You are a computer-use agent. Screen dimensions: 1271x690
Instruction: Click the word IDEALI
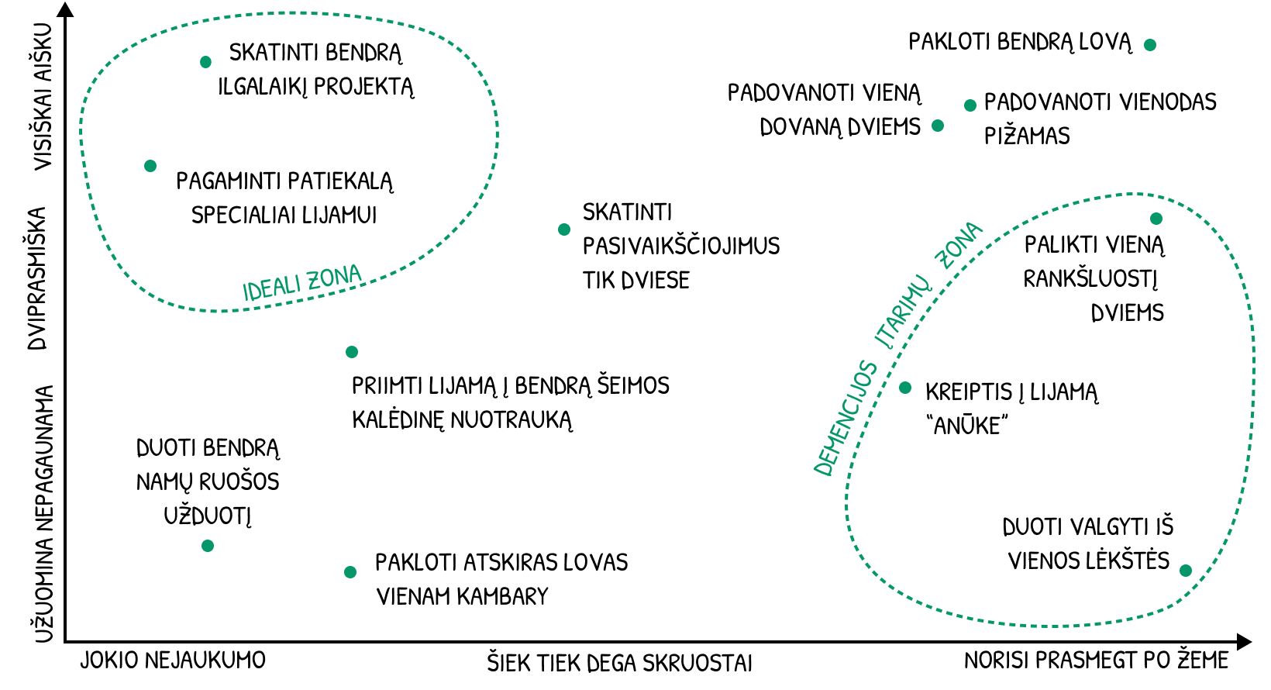(271, 287)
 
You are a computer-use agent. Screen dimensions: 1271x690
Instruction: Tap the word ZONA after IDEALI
(335, 278)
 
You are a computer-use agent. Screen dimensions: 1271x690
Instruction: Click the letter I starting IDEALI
(246, 292)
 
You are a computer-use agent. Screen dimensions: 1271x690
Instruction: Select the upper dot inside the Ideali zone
(205, 62)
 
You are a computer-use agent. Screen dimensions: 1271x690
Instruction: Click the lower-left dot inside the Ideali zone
(150, 166)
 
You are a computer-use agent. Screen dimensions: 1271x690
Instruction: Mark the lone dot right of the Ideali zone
(564, 229)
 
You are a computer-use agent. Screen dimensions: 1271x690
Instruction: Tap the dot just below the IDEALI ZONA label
(352, 352)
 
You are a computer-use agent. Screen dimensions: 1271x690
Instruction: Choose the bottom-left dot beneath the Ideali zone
(208, 546)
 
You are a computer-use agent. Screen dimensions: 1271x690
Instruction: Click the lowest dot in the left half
(350, 572)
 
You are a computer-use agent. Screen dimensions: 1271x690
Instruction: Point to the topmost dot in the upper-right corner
(1150, 45)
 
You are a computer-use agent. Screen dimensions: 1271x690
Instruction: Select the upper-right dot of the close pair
(970, 105)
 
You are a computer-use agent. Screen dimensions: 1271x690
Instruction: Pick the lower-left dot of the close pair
(938, 126)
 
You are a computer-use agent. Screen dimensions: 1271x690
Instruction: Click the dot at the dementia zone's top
(1156, 219)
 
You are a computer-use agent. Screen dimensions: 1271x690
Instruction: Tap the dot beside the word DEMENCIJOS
(905, 388)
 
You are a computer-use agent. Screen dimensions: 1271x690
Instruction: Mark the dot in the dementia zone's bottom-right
(1186, 571)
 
